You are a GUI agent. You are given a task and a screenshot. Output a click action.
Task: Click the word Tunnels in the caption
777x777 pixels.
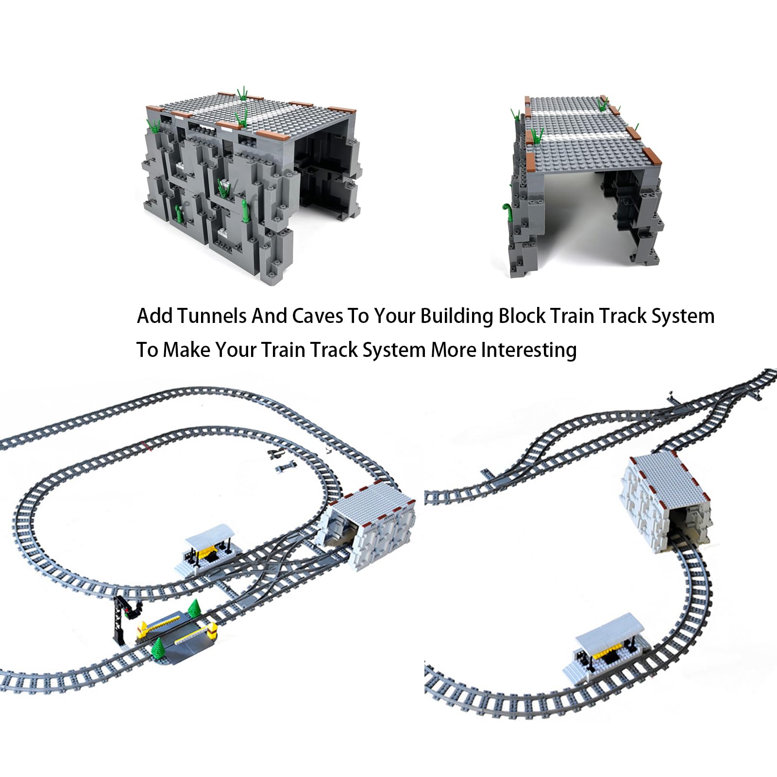pyautogui.click(x=210, y=316)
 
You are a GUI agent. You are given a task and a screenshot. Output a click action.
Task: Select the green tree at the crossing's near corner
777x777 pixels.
pyautogui.click(x=159, y=646)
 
